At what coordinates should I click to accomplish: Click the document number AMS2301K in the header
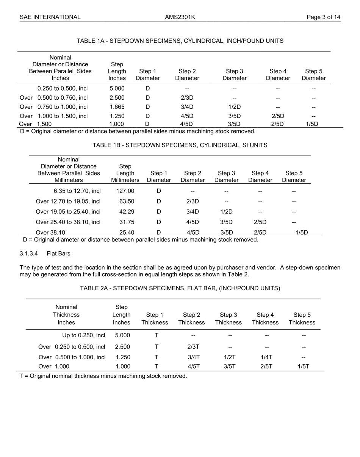[x=180, y=17]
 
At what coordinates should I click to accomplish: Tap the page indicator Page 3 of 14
[x=323, y=17]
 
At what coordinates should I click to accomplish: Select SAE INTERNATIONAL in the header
[x=50, y=17]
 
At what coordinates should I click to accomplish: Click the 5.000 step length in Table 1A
[x=117, y=89]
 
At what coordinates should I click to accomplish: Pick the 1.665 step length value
[x=117, y=107]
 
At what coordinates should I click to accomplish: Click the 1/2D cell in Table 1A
[x=234, y=107]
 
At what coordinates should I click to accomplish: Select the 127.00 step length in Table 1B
[x=125, y=191]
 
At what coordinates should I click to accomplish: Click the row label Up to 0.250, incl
[x=83, y=335]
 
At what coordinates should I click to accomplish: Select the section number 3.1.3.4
[x=29, y=254]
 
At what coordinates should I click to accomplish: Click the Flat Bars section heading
[x=58, y=254]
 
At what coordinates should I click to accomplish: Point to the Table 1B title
[x=180, y=145]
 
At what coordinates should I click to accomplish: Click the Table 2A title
[x=180, y=288]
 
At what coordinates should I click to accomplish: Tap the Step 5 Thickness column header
[x=302, y=319]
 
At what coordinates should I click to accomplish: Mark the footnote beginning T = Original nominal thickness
[x=103, y=376]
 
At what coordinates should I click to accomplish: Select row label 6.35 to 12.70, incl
[x=77, y=191]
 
